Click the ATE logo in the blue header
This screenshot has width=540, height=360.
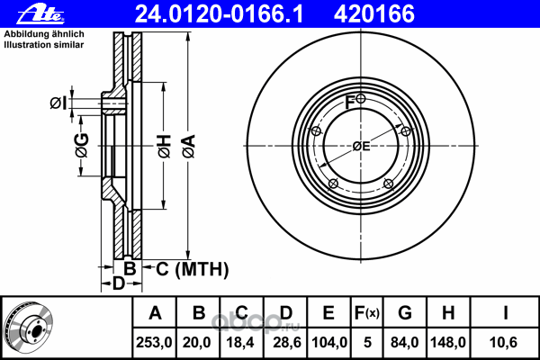pyautogui.click(x=40, y=14)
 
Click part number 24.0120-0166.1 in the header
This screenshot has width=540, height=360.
pyautogui.click(x=219, y=14)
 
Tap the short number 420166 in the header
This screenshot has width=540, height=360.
pyautogui.click(x=374, y=14)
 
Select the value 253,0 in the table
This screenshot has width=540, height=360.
pyautogui.click(x=154, y=342)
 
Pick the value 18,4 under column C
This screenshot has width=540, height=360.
pyautogui.click(x=240, y=342)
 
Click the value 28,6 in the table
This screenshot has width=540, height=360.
pyautogui.click(x=287, y=342)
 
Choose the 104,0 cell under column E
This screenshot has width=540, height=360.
pyautogui.click(x=329, y=342)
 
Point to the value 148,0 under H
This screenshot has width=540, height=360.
pyautogui.click(x=448, y=342)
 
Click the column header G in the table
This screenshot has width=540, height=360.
pyautogui.click(x=405, y=313)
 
